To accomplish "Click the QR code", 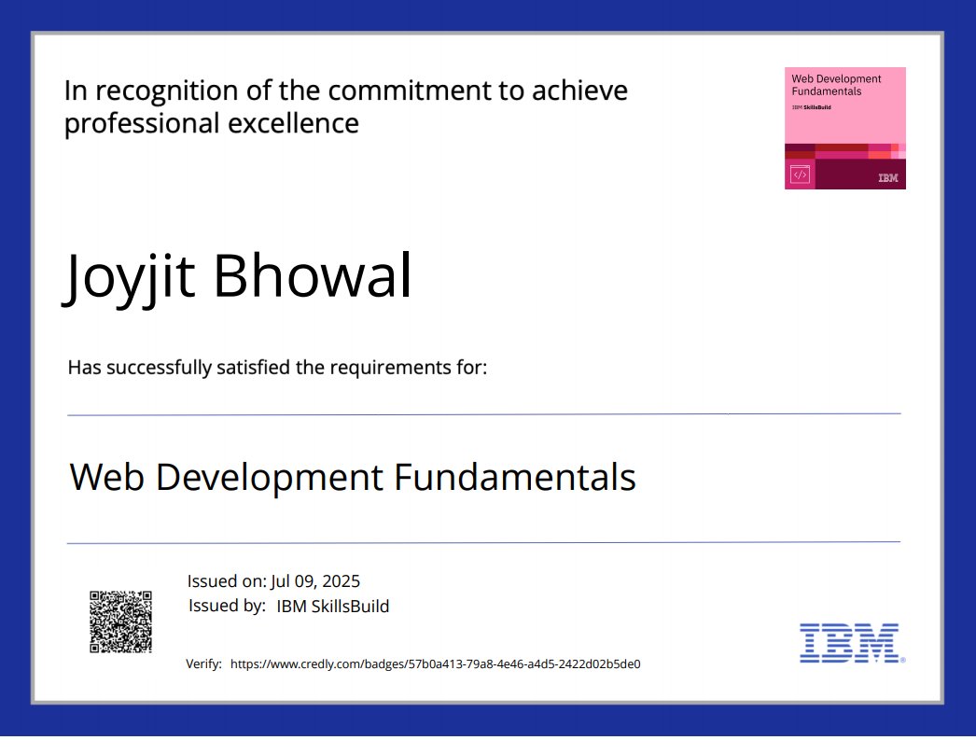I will (120, 621).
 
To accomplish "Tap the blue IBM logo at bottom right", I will (849, 643).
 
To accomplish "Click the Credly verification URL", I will (435, 664).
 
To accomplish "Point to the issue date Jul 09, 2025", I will (315, 580).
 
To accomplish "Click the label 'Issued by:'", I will (227, 606).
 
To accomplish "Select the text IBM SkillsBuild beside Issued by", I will (333, 607).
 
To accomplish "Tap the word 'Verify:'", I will (204, 664).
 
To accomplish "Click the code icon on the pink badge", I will (800, 175).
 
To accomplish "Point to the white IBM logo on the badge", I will (887, 177).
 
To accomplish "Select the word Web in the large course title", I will (106, 478).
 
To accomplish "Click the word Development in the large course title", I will (268, 478).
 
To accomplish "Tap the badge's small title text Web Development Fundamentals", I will (836, 85).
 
